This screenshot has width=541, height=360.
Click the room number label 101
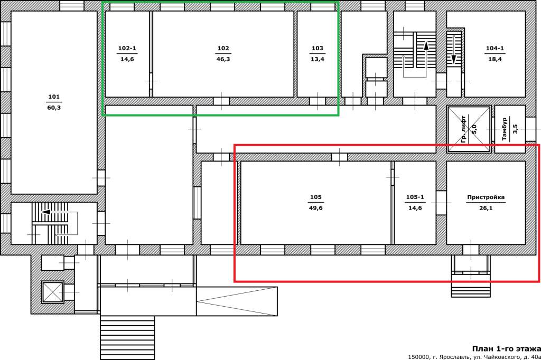(54, 97)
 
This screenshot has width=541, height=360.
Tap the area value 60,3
(54, 108)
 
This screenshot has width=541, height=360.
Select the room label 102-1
(127, 48)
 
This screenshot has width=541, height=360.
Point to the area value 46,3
(223, 59)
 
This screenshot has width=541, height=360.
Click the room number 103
(318, 48)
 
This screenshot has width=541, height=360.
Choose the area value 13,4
(318, 59)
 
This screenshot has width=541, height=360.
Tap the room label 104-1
(495, 48)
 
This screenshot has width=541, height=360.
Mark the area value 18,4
(495, 59)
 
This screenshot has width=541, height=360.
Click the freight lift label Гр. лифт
(464, 129)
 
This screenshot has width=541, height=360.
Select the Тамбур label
(505, 129)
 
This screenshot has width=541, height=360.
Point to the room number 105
(316, 197)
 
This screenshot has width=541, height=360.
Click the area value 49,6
(316, 208)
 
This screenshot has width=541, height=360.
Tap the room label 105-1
(415, 197)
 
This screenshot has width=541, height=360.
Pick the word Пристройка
(486, 197)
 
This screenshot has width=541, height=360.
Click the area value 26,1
(486, 208)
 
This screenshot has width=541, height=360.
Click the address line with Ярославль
(474, 356)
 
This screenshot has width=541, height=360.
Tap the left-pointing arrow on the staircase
(55, 212)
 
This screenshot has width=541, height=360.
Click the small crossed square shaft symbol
(52, 292)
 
